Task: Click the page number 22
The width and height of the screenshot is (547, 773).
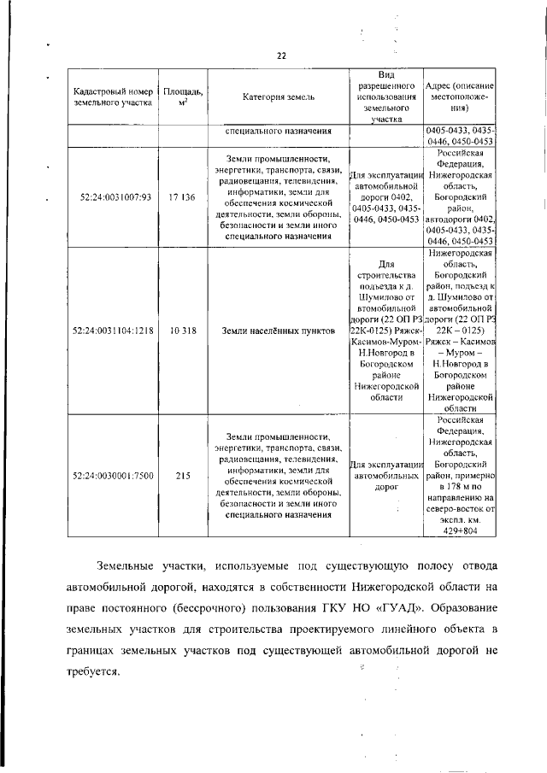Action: pyautogui.click(x=280, y=56)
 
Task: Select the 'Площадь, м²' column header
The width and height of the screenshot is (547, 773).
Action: pyautogui.click(x=183, y=97)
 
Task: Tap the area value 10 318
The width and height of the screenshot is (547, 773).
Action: pyautogui.click(x=183, y=330)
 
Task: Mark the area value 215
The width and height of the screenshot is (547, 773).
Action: pyautogui.click(x=183, y=476)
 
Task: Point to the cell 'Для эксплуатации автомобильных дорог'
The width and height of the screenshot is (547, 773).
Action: pyautogui.click(x=386, y=476)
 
